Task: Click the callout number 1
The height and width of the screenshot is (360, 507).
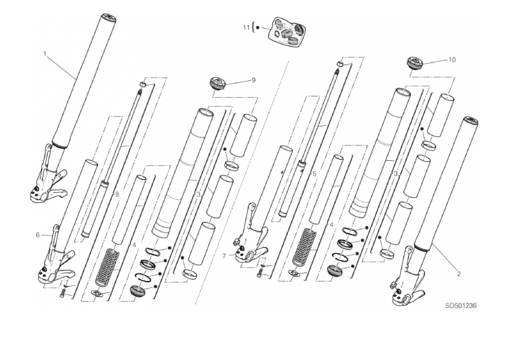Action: tap(45, 54)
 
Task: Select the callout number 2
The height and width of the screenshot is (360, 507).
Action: tap(458, 274)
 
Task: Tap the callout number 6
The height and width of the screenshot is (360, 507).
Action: tap(38, 235)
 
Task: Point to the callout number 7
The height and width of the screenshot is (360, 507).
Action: tap(223, 256)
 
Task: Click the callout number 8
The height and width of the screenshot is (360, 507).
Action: tap(117, 194)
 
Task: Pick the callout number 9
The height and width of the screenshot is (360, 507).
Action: tap(253, 80)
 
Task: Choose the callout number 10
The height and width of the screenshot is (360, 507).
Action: tap(451, 60)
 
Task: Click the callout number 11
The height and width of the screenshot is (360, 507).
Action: tap(246, 28)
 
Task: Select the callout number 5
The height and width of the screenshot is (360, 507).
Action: tap(314, 174)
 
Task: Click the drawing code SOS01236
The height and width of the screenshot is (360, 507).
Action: tap(461, 305)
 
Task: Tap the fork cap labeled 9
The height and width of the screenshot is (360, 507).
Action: tap(216, 83)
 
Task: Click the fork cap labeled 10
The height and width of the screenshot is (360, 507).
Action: tap(414, 63)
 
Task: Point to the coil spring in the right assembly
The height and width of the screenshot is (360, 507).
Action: tap(304, 246)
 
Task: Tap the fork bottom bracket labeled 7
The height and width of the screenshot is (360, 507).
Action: tap(250, 234)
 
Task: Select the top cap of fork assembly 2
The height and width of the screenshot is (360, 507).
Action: tap(471, 121)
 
